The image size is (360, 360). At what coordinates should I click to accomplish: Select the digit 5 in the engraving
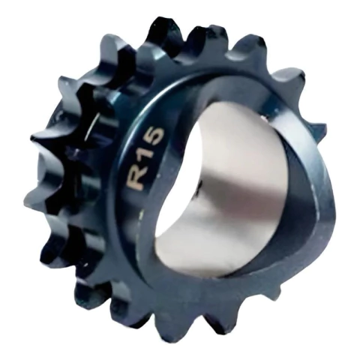point(153,137)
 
